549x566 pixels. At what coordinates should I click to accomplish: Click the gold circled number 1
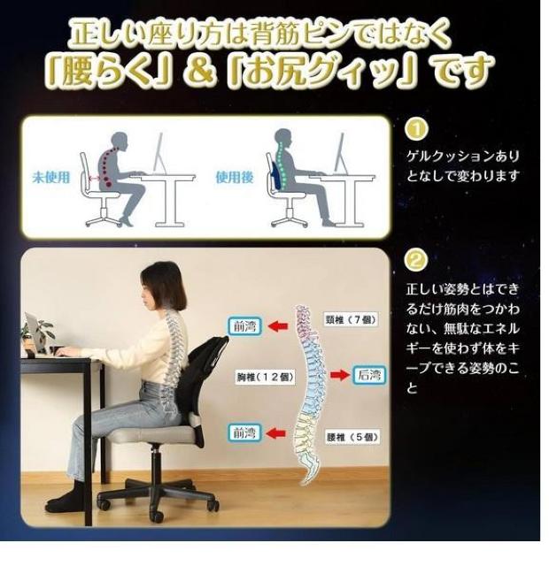416,130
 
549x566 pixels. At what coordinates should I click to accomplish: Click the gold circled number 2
415,260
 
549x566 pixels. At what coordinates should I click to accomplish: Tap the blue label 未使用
51,177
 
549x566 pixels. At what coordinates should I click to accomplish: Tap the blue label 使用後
235,177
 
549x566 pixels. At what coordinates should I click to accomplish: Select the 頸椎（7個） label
351,319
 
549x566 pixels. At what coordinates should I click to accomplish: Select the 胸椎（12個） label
266,378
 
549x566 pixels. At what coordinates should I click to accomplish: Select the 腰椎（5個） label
352,437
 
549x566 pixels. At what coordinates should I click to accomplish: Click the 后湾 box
368,375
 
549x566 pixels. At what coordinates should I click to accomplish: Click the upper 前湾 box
244,326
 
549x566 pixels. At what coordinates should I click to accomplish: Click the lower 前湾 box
244,432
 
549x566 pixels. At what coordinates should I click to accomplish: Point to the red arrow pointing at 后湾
340,375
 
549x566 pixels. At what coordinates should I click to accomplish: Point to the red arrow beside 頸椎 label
278,326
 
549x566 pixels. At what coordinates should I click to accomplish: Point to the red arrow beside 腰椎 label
276,433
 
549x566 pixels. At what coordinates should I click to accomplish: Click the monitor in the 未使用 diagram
158,153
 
